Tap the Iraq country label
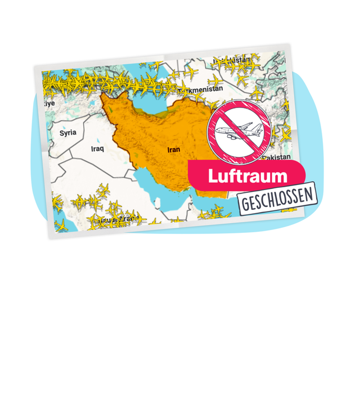[98, 149]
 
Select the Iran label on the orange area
[173, 150]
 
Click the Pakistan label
[278, 157]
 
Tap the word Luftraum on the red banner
[247, 175]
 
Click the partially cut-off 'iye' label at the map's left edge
[50, 104]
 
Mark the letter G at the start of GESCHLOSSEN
[244, 204]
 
